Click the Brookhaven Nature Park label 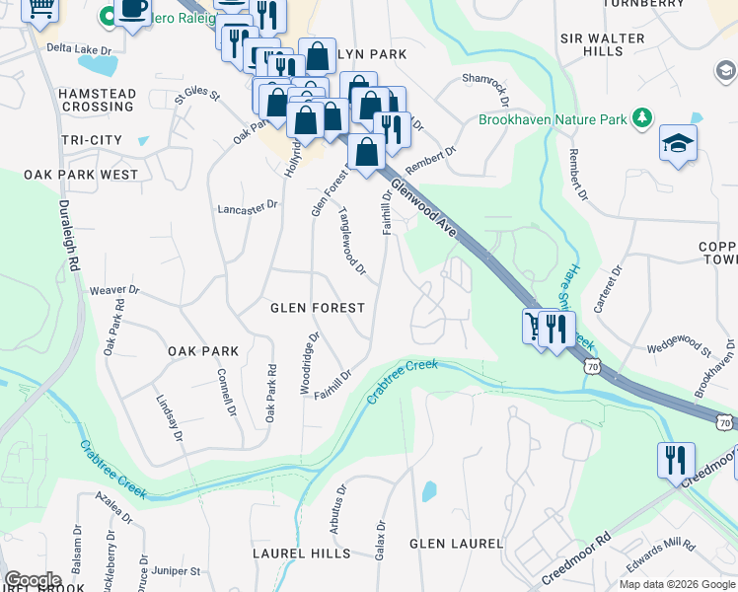tap(553, 119)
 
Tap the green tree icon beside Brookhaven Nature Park tap(642, 118)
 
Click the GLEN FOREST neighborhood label tap(318, 308)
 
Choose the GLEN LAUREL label tap(456, 544)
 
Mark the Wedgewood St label tap(679, 345)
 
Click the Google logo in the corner tap(33, 580)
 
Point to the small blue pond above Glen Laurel tap(428, 491)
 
